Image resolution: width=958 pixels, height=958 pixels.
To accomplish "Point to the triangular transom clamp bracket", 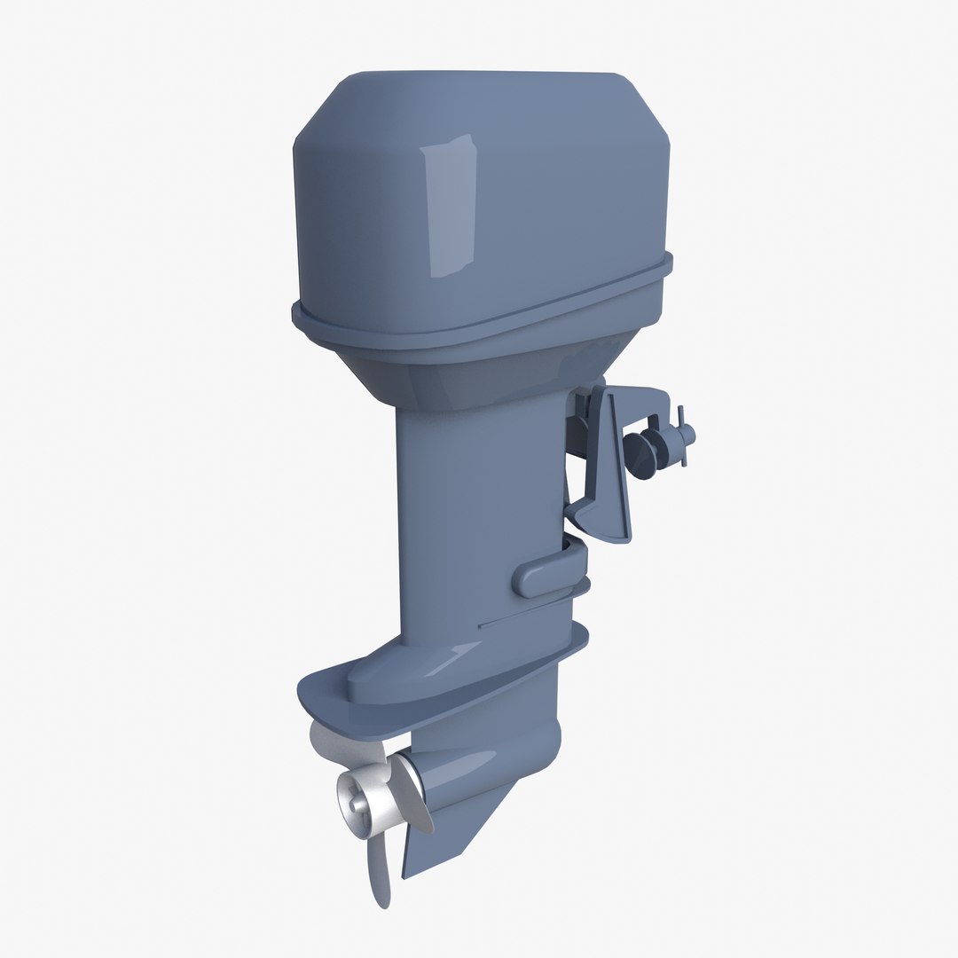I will (x=613, y=461).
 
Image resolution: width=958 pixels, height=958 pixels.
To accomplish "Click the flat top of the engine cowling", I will (x=479, y=84).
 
